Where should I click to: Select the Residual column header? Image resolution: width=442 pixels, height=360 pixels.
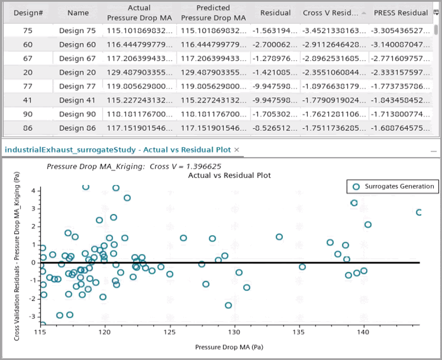pyautogui.click(x=275, y=12)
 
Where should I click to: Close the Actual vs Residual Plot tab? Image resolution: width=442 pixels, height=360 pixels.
pyautogui.click(x=237, y=150)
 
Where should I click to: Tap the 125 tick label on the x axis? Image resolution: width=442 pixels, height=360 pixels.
pyautogui.click(x=170, y=333)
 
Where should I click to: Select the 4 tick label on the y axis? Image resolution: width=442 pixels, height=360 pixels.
pyautogui.click(x=32, y=191)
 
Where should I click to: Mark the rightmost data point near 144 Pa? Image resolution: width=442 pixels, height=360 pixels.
pyautogui.click(x=419, y=212)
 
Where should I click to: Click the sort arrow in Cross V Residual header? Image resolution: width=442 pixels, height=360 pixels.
pyautogui.click(x=364, y=12)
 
